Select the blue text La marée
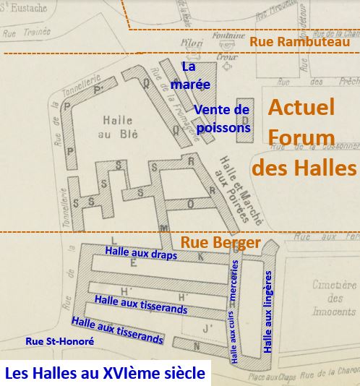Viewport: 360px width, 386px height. pos(195,76)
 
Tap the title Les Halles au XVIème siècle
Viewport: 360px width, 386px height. pos(105,374)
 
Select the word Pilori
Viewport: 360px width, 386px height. pos(192,43)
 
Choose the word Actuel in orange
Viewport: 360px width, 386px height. pos(301,108)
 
